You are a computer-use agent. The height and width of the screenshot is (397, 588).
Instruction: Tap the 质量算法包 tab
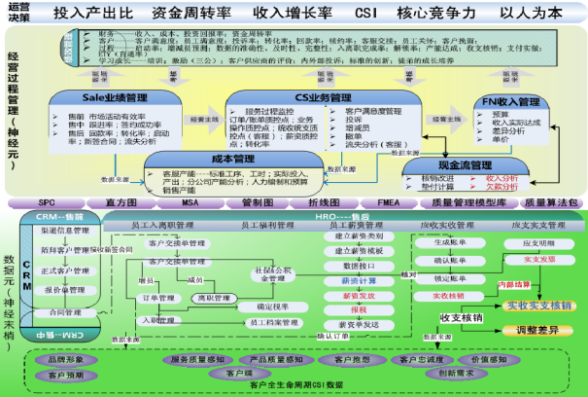(552, 201)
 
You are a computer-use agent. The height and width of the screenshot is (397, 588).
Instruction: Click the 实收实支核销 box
(540, 305)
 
